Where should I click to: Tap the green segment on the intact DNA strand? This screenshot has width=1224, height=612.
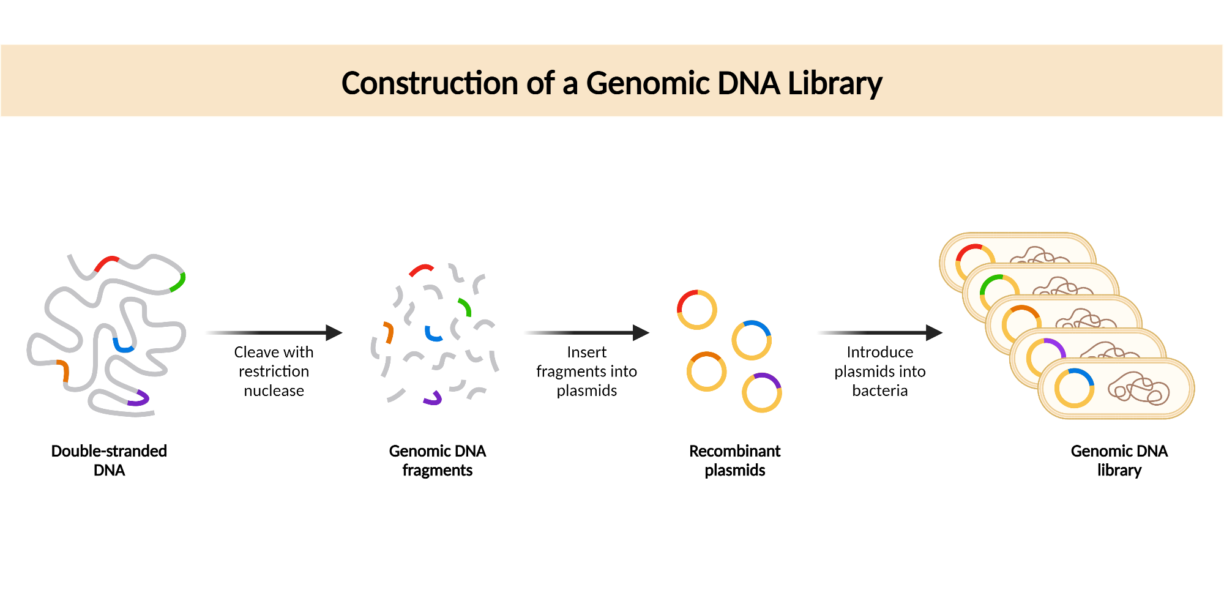click(x=179, y=282)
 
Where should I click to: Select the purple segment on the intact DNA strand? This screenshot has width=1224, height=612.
click(x=140, y=399)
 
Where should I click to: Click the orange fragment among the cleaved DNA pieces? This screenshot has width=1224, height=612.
click(x=389, y=332)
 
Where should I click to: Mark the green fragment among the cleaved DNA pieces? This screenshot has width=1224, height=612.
click(x=465, y=307)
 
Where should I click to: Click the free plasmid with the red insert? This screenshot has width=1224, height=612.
click(x=696, y=310)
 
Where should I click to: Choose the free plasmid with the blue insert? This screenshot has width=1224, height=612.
click(x=752, y=340)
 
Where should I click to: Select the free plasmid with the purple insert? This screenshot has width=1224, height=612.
click(x=761, y=392)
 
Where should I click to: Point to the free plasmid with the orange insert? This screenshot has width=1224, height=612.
click(x=706, y=371)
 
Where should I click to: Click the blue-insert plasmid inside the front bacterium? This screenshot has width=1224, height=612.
click(x=1074, y=388)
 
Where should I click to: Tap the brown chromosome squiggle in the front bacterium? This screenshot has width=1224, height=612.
click(x=1138, y=389)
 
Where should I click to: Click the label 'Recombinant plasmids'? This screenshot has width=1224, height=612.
click(x=734, y=460)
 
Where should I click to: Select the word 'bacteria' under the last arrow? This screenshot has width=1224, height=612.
click(x=879, y=390)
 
